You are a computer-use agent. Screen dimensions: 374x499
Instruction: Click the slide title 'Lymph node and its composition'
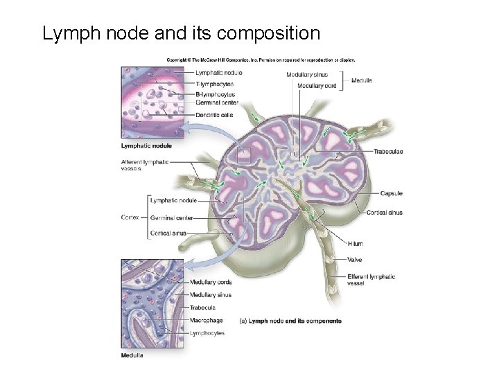pos(181,33)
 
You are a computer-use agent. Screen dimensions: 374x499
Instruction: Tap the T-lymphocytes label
pos(215,84)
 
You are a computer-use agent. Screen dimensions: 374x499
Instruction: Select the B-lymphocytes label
pos(216,94)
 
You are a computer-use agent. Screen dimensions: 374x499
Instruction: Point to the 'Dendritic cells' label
pos(214,115)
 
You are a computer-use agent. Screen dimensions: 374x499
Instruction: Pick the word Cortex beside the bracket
pos(130,217)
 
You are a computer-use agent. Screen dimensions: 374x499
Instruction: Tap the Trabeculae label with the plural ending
pos(388,152)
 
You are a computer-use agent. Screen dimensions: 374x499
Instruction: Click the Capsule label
pos(391,194)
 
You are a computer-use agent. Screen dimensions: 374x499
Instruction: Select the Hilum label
pos(356,244)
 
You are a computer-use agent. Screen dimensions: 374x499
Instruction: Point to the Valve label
pos(354,260)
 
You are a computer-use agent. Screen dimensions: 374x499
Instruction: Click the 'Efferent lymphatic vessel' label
pos(371,280)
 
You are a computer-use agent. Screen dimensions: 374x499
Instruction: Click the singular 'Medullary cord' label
pos(317,85)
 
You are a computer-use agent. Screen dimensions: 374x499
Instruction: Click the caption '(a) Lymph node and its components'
pos(290,321)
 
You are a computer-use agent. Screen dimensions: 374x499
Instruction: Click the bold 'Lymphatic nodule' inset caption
pos(146,146)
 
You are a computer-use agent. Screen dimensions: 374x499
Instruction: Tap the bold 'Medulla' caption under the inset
pos(132,356)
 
